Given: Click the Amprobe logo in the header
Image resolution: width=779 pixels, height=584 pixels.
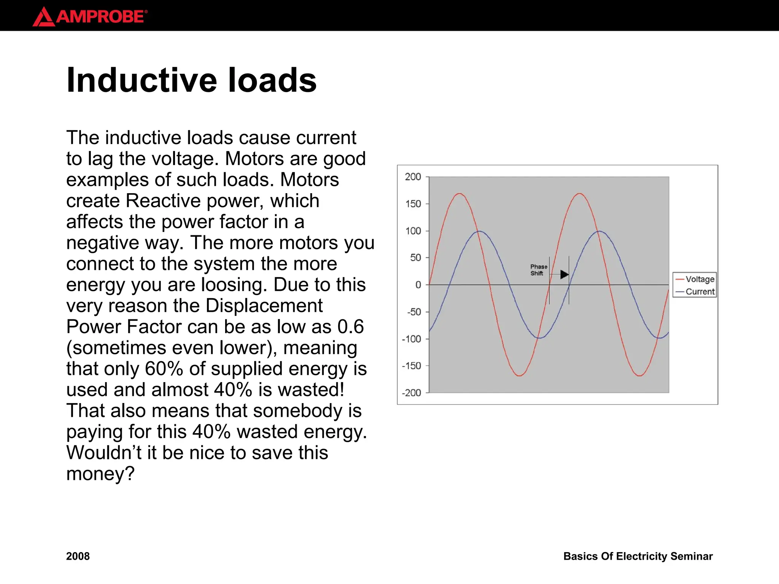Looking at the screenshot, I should pos(90,17).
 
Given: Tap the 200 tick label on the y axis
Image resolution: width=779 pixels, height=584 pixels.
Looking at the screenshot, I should pos(413,177).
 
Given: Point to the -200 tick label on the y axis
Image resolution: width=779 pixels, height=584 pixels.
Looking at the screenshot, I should pos(412,393).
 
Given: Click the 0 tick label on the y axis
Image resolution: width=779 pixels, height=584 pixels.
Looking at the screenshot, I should pos(418,285).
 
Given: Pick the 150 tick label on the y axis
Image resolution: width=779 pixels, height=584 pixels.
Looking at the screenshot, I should pos(413,204).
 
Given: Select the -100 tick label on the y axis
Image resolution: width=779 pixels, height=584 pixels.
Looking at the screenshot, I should pos(412,339).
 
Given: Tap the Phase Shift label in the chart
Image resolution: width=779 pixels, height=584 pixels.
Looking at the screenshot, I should pos(538,270).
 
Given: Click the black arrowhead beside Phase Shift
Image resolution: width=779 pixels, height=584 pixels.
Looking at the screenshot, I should pos(564,274).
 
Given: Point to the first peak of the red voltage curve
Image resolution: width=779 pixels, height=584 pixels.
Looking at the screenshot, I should pos(459,194).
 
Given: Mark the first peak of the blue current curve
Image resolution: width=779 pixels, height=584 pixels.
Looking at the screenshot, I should pos(479,231).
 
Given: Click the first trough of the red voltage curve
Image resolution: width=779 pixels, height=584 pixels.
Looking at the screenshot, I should pos(520,376).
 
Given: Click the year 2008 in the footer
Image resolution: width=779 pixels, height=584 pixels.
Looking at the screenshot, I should pos(78,556).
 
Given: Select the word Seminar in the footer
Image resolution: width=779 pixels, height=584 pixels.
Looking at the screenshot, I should pos(691,556).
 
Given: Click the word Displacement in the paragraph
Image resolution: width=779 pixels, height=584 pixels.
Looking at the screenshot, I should pos(264,306).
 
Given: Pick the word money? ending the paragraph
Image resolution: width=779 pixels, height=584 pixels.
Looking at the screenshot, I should pos(100,474).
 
